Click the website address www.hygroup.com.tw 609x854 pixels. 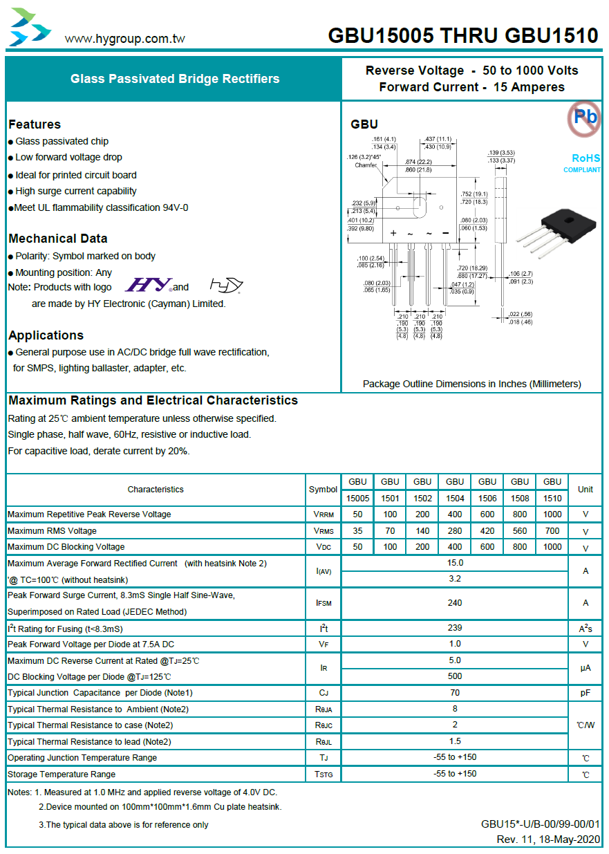124,39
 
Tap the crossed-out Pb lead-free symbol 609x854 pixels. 584,118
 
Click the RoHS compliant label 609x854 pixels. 582,163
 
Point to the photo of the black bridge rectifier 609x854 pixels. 556,233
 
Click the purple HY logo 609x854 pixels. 148,284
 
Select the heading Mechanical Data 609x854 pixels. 58,239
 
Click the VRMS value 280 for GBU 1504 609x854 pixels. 455,530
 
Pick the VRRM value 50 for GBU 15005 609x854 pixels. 357,514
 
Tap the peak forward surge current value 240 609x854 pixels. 455,602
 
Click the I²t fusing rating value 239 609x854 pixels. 455,628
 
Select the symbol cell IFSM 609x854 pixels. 324,603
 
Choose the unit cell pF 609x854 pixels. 585,693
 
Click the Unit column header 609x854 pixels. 585,489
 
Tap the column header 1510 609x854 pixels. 552,498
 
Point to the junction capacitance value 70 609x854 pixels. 455,692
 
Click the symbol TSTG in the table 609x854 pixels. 324,774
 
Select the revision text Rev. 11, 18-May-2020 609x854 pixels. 548,839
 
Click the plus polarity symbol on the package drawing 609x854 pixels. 393,233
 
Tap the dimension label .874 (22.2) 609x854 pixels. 418,162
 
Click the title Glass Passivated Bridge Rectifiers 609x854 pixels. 175,79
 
